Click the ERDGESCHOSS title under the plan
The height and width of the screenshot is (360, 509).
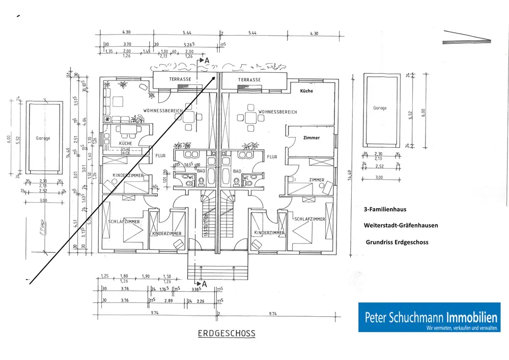pyautogui.click(x=227, y=334)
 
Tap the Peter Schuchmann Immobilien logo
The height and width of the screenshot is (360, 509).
pyautogui.click(x=429, y=317)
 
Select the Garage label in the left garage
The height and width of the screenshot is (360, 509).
pyautogui.click(x=43, y=138)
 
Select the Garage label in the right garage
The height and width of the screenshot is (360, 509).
pyautogui.click(x=380, y=108)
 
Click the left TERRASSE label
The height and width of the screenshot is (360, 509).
pyautogui.click(x=180, y=79)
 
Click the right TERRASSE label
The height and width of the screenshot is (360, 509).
pyautogui.click(x=249, y=80)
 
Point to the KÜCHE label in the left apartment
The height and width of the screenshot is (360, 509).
pyautogui.click(x=125, y=144)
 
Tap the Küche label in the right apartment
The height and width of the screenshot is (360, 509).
pyautogui.click(x=306, y=91)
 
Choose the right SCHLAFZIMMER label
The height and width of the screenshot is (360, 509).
pyautogui.click(x=309, y=219)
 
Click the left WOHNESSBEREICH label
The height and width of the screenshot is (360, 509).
pyautogui.click(x=163, y=110)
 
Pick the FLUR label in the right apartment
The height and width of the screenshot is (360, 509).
pyautogui.click(x=272, y=157)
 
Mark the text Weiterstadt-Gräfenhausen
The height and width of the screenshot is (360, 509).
pyautogui.click(x=401, y=225)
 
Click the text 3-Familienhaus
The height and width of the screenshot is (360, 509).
pyautogui.click(x=385, y=209)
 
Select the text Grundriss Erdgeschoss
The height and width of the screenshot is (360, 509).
pyautogui.click(x=397, y=242)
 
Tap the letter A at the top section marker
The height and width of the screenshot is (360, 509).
pyautogui.click(x=207, y=60)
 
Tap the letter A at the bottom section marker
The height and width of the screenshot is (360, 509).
pyautogui.click(x=205, y=283)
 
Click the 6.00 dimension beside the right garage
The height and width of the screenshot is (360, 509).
pyautogui.click(x=423, y=110)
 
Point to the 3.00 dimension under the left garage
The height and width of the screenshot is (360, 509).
pyautogui.click(x=43, y=201)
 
